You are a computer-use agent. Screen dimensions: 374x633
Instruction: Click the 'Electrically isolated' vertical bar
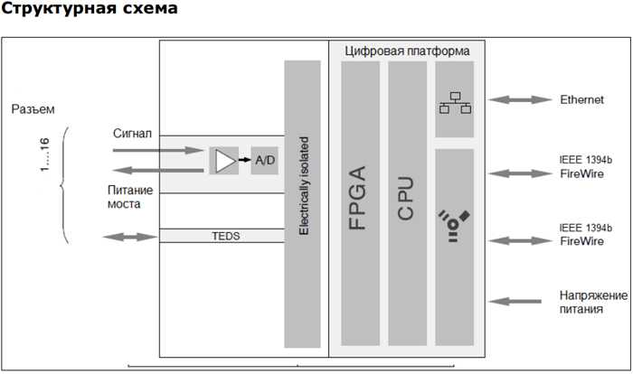point(302,203)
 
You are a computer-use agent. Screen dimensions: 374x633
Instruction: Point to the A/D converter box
point(265,160)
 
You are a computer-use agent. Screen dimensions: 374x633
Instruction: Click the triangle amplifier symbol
point(222,160)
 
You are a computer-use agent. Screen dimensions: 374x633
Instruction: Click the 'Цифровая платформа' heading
point(407,51)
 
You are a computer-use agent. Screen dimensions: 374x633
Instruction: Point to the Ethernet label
point(581,100)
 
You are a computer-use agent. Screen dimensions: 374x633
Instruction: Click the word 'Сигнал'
point(131,134)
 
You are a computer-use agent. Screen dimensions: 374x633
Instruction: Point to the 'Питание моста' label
point(130,197)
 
